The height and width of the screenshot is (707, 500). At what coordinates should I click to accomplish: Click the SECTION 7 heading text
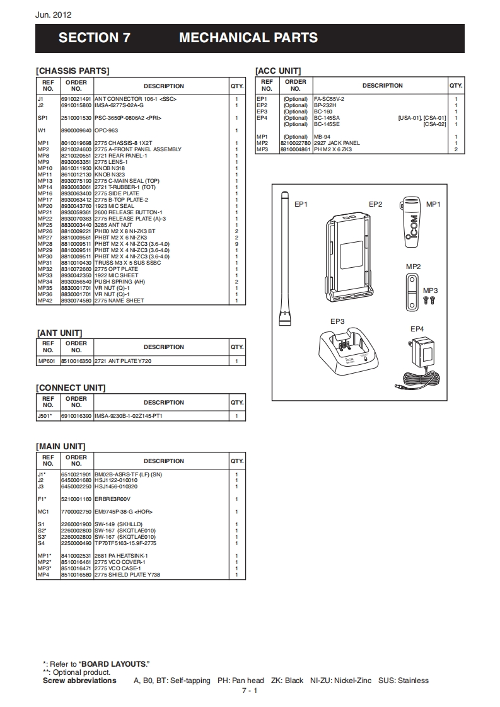point(94,38)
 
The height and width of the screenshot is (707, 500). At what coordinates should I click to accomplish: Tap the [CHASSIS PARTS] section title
point(73,71)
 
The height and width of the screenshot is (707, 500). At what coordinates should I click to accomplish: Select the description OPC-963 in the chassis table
point(106,130)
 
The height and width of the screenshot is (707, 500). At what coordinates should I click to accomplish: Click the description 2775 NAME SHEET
point(119,301)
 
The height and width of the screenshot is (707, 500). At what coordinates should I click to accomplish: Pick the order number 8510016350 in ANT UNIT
point(76,361)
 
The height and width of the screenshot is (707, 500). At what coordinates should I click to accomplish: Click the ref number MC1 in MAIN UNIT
point(43,512)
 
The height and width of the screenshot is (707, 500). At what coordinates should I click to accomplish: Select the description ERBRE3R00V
point(112,499)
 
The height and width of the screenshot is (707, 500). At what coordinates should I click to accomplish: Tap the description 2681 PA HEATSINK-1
point(120,556)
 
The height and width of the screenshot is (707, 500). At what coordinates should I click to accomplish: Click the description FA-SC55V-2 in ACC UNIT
point(328,99)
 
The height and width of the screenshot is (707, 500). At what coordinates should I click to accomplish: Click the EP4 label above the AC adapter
point(417,329)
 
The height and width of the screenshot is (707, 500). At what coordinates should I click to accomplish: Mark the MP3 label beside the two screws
point(430,290)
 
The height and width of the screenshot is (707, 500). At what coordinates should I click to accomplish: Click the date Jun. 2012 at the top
point(54,15)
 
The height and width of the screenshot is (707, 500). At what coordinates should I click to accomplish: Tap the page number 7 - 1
point(250,691)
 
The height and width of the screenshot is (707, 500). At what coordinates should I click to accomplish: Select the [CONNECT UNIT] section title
point(71,388)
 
